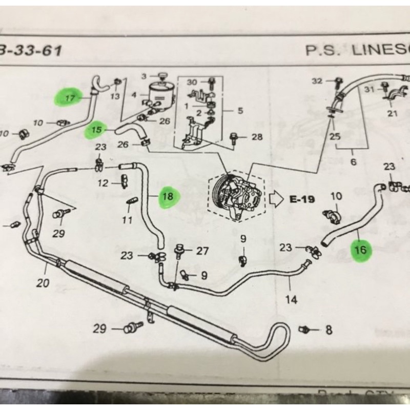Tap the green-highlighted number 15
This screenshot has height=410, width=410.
pyautogui.click(x=96, y=130)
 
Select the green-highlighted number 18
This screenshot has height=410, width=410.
pyautogui.click(x=168, y=196)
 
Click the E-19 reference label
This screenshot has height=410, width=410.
pyautogui.click(x=302, y=199)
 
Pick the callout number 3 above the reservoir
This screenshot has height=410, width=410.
pyautogui.click(x=145, y=77)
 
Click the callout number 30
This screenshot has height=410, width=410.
pyautogui.click(x=192, y=83)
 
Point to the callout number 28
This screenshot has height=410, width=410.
pyautogui.click(x=256, y=137)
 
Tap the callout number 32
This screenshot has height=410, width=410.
pyautogui.click(x=318, y=81)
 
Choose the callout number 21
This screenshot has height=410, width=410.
pyautogui.click(x=393, y=113)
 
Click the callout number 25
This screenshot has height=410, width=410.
pyautogui.click(x=335, y=136)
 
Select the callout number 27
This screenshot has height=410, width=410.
pyautogui.click(x=202, y=251)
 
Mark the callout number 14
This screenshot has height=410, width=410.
pyautogui.click(x=291, y=300)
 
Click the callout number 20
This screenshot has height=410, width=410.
pyautogui.click(x=43, y=283)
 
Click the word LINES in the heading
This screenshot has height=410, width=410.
pyautogui.click(x=374, y=50)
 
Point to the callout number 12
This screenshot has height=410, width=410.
pyautogui.click(x=102, y=183)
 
